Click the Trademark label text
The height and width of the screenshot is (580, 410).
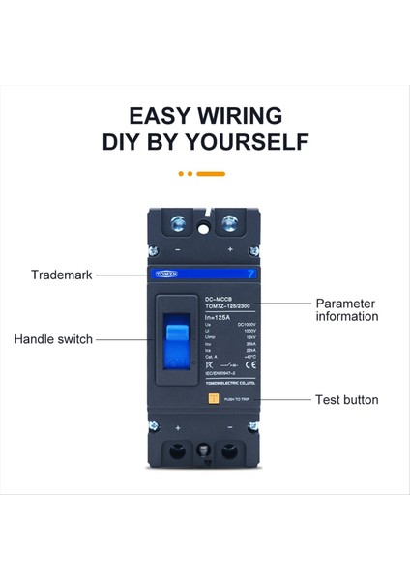coord(62,275)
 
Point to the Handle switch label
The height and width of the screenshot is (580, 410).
coord(53,339)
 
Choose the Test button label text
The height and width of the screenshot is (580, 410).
coord(347,399)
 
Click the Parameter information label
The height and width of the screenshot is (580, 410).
coord(347,309)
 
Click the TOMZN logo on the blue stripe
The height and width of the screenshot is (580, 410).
coord(167,275)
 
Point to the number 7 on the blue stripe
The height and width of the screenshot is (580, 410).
coord(249,275)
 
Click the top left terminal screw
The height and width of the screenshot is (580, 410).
coord(180,226)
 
